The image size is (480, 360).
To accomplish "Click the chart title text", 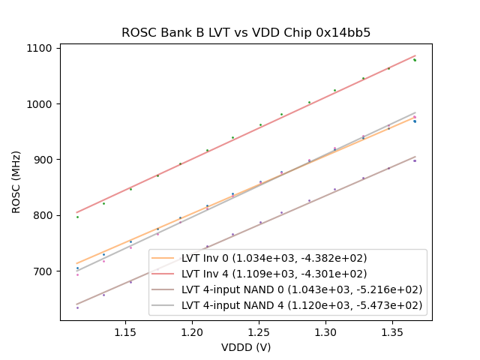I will tap(246, 33).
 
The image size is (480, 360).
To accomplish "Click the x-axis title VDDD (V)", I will tap(246, 347).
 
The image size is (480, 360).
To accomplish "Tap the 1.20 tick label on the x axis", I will tap(192, 331).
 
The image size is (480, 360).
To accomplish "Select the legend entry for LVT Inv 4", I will tap(272, 274).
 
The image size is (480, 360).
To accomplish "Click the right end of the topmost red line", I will tap(415, 55).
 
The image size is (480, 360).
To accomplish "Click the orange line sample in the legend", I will tap(163, 258).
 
